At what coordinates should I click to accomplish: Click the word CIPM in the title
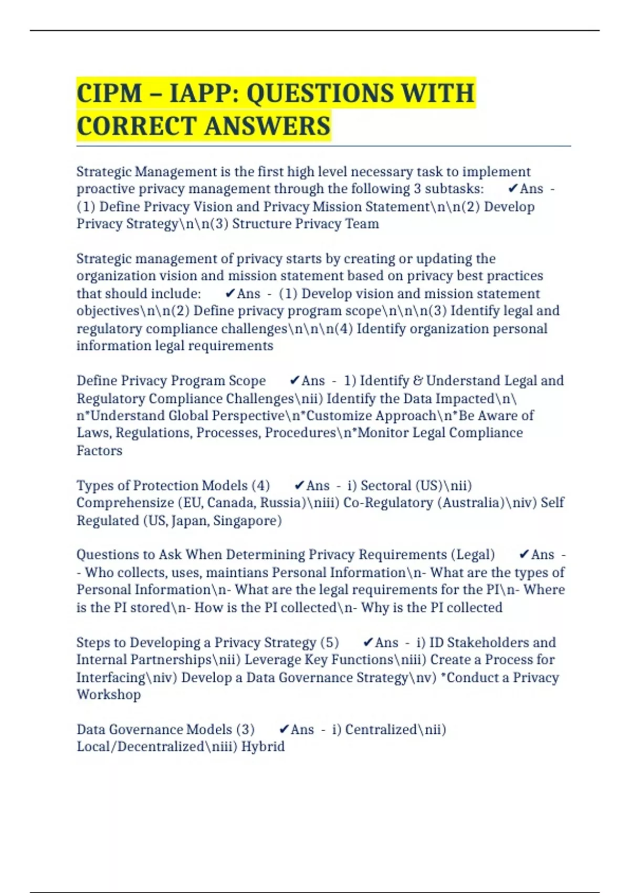click(x=109, y=94)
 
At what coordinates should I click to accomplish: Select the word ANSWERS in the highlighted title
click(x=267, y=127)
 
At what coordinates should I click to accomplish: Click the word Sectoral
click(x=386, y=485)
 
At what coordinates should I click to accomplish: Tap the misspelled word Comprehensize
click(x=125, y=503)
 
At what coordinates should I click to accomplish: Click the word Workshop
click(x=109, y=694)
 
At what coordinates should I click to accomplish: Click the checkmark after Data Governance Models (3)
click(x=284, y=729)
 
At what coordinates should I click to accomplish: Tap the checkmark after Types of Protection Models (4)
click(x=299, y=485)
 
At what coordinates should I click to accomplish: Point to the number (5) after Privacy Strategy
click(x=329, y=642)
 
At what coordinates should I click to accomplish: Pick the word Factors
click(x=99, y=451)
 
